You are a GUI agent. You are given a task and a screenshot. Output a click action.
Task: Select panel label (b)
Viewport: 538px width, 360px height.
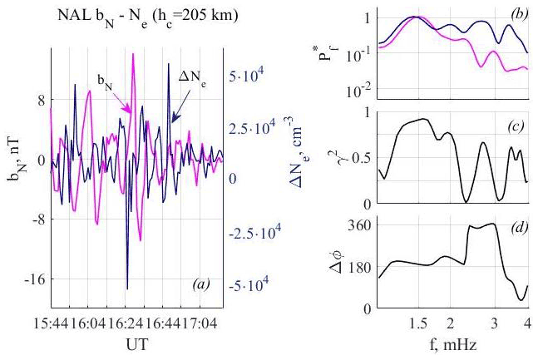point(515,17)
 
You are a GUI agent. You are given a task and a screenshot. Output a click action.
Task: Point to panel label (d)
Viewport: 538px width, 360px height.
point(515,230)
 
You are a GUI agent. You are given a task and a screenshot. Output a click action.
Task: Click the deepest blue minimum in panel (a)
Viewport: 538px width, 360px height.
point(127,288)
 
